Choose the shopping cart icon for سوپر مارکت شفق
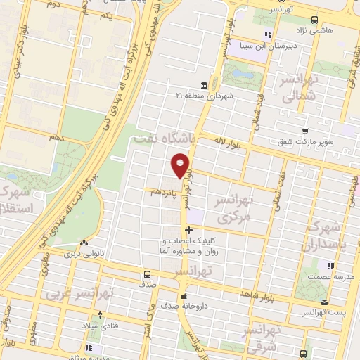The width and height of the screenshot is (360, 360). tap(304, 131)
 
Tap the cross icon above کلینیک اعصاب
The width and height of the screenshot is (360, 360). tap(188, 230)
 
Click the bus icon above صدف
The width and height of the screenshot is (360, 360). tap(147, 274)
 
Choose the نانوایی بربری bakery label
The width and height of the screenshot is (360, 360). tap(84, 252)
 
